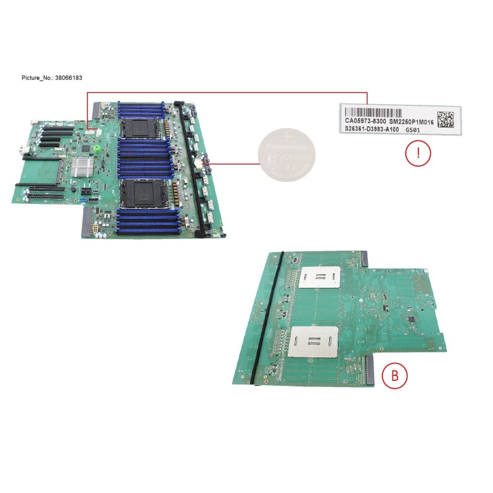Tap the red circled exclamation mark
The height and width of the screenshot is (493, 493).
tap(417, 155)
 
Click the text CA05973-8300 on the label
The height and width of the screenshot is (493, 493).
tap(366, 123)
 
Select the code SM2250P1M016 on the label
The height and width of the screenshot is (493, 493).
tap(410, 123)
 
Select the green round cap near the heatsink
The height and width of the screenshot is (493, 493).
tap(97, 150)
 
